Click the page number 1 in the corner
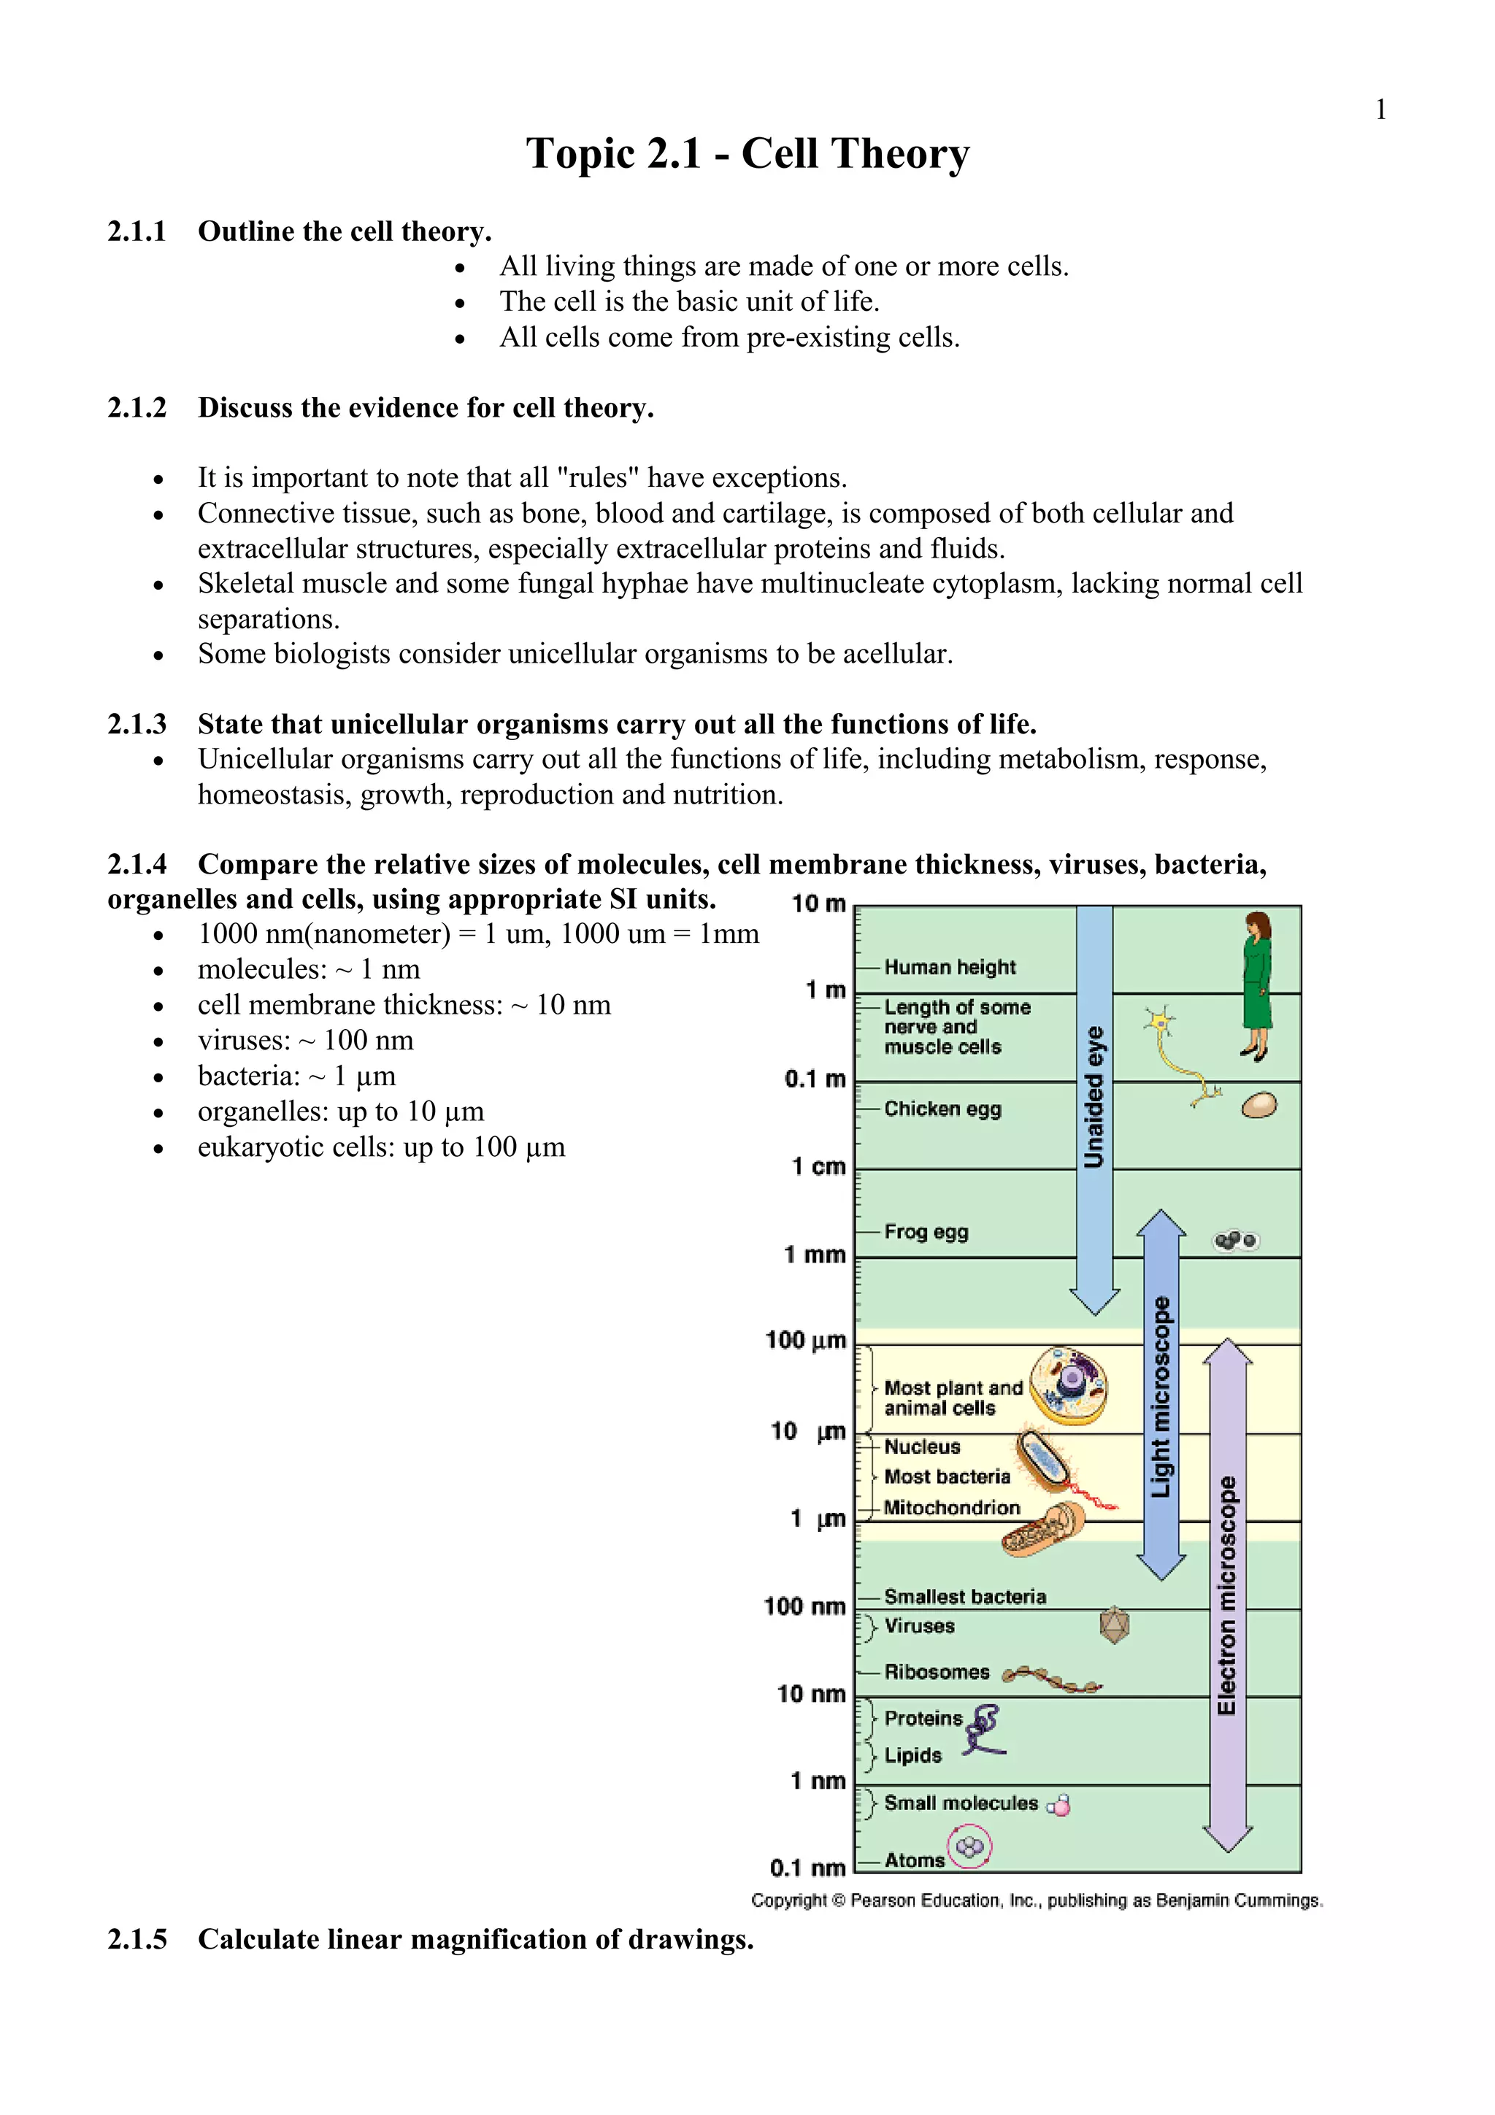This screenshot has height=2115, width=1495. [x=1380, y=110]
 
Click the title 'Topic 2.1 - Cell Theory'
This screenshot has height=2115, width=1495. [x=747, y=153]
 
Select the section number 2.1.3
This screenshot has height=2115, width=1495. [x=137, y=724]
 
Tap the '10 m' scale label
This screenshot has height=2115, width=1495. [x=818, y=904]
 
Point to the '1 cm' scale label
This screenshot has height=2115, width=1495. [x=818, y=1166]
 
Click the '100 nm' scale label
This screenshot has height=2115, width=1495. [x=804, y=1606]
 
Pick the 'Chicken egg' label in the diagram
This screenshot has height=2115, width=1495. [x=942, y=1109]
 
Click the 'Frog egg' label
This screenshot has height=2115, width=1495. [x=926, y=1232]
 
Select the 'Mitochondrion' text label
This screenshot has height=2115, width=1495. [x=952, y=1508]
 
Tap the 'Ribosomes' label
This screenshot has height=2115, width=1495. [x=936, y=1672]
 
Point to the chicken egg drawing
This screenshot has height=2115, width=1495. [x=1258, y=1106]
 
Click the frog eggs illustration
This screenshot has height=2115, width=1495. [x=1235, y=1241]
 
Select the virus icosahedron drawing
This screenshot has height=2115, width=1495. [x=1115, y=1624]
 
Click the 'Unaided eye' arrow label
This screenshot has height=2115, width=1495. [x=1094, y=1096]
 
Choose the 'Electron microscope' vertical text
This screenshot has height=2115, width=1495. [x=1226, y=1595]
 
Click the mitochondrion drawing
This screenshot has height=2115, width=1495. [x=1042, y=1529]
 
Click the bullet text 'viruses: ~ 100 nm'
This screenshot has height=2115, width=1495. [x=305, y=1040]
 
